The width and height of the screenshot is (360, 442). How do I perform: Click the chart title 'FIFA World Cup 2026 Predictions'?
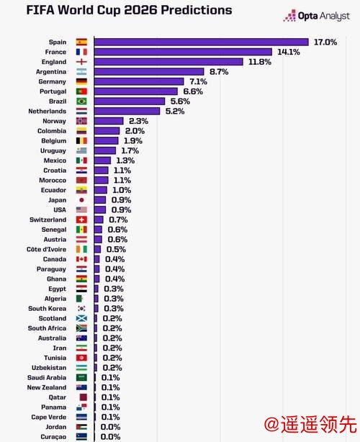tap(119, 10)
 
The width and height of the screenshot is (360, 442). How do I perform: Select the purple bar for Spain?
tap(201, 42)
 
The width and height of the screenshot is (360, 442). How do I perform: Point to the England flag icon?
tap(81, 62)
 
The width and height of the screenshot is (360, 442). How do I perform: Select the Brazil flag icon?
tap(81, 102)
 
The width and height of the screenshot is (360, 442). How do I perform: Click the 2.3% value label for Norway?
tap(135, 121)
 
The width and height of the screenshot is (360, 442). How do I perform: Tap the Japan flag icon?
tap(81, 200)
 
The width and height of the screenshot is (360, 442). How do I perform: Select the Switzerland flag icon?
tap(81, 220)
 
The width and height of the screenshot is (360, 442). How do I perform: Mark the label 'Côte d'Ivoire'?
tap(46, 249)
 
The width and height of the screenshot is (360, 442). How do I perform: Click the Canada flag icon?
tap(81, 259)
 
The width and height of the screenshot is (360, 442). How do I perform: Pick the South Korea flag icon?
tap(81, 308)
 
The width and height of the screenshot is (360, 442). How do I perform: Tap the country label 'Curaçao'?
tap(51, 436)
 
